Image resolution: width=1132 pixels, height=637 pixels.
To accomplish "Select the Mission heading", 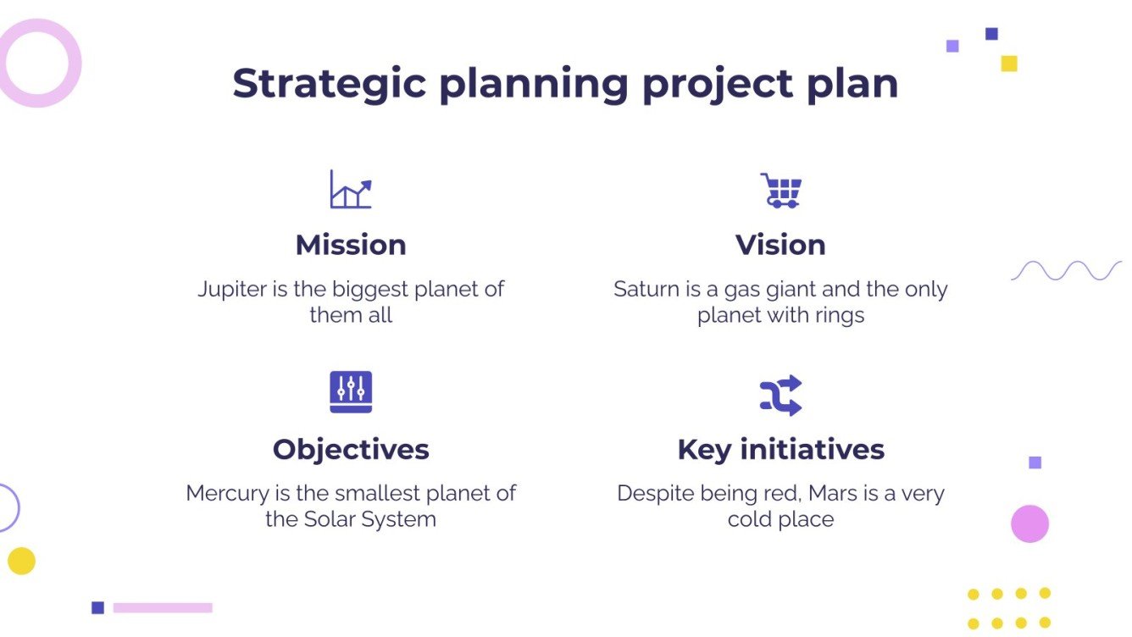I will click(x=351, y=245).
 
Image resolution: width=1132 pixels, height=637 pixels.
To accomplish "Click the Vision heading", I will click(x=780, y=245).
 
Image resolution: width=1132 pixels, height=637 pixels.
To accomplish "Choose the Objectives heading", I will click(x=351, y=449).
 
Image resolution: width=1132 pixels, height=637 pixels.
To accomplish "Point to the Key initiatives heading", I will click(x=780, y=449).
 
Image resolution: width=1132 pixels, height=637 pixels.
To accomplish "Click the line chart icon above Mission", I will click(x=351, y=190).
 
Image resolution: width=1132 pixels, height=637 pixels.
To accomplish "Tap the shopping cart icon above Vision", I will click(x=780, y=191).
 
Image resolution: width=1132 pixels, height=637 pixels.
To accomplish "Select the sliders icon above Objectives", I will click(x=351, y=392).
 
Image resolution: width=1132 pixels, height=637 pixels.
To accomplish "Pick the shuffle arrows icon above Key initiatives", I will click(x=780, y=395).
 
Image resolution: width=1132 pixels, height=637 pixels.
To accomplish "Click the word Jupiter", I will click(x=232, y=290).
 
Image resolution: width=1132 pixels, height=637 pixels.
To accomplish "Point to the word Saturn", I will click(x=646, y=290).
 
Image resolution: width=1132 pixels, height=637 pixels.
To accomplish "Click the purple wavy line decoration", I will click(x=1066, y=270).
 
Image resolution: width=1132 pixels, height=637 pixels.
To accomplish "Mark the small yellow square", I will click(x=1008, y=64).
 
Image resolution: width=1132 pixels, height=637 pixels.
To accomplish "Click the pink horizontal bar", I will click(x=163, y=607).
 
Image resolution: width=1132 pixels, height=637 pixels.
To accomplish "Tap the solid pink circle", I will click(x=1029, y=523).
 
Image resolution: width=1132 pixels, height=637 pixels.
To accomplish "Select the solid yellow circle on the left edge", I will click(x=21, y=561).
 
